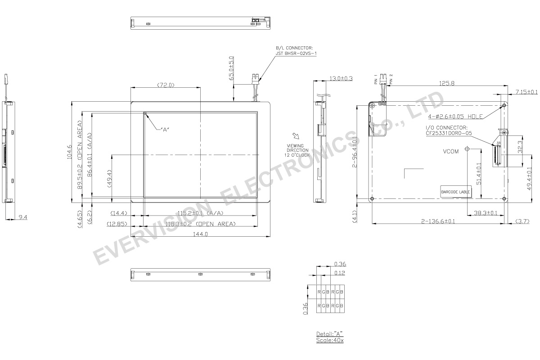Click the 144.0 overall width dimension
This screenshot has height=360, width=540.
[x=200, y=234]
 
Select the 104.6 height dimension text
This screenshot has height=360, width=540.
[x=69, y=152]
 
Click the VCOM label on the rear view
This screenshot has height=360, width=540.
[x=450, y=152]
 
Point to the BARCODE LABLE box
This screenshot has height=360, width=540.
[x=455, y=192]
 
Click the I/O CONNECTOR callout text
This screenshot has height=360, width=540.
[x=447, y=130]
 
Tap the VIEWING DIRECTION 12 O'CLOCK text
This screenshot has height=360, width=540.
[x=296, y=150]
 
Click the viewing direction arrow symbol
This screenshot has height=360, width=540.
[x=296, y=136]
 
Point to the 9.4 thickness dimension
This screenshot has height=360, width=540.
[x=23, y=217]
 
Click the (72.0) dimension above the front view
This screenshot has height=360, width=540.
[x=166, y=85]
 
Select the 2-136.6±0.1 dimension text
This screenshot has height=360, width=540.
[x=438, y=221]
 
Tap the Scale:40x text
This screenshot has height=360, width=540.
[x=329, y=340]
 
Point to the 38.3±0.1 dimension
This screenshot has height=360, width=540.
[x=485, y=213]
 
